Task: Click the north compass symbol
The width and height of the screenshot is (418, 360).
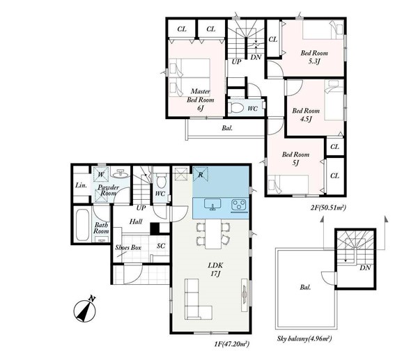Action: click(x=85, y=309)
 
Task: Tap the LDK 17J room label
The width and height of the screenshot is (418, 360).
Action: click(x=215, y=269)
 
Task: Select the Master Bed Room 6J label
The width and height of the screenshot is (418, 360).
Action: click(x=201, y=100)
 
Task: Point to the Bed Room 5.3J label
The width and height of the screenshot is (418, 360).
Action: click(x=314, y=57)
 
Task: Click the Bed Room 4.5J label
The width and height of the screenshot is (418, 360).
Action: click(x=306, y=115)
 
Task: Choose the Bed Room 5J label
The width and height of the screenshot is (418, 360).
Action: click(x=295, y=159)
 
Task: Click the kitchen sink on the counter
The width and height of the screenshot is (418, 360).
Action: click(x=212, y=205)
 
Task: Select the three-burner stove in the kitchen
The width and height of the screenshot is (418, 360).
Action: click(x=240, y=205)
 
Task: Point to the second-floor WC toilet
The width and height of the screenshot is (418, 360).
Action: click(x=236, y=108)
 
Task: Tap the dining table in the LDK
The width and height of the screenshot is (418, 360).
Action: click(x=213, y=234)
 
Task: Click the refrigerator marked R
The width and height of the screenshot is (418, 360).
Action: click(x=200, y=175)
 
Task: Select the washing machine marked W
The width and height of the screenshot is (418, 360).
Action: click(x=101, y=175)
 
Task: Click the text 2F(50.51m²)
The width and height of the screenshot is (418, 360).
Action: click(x=328, y=208)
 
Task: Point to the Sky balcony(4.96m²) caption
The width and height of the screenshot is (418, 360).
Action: click(x=304, y=338)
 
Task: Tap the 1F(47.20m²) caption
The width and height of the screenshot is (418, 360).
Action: click(x=232, y=344)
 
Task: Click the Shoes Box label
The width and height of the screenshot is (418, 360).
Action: click(x=128, y=248)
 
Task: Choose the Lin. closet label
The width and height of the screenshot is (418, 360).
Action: click(x=81, y=185)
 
